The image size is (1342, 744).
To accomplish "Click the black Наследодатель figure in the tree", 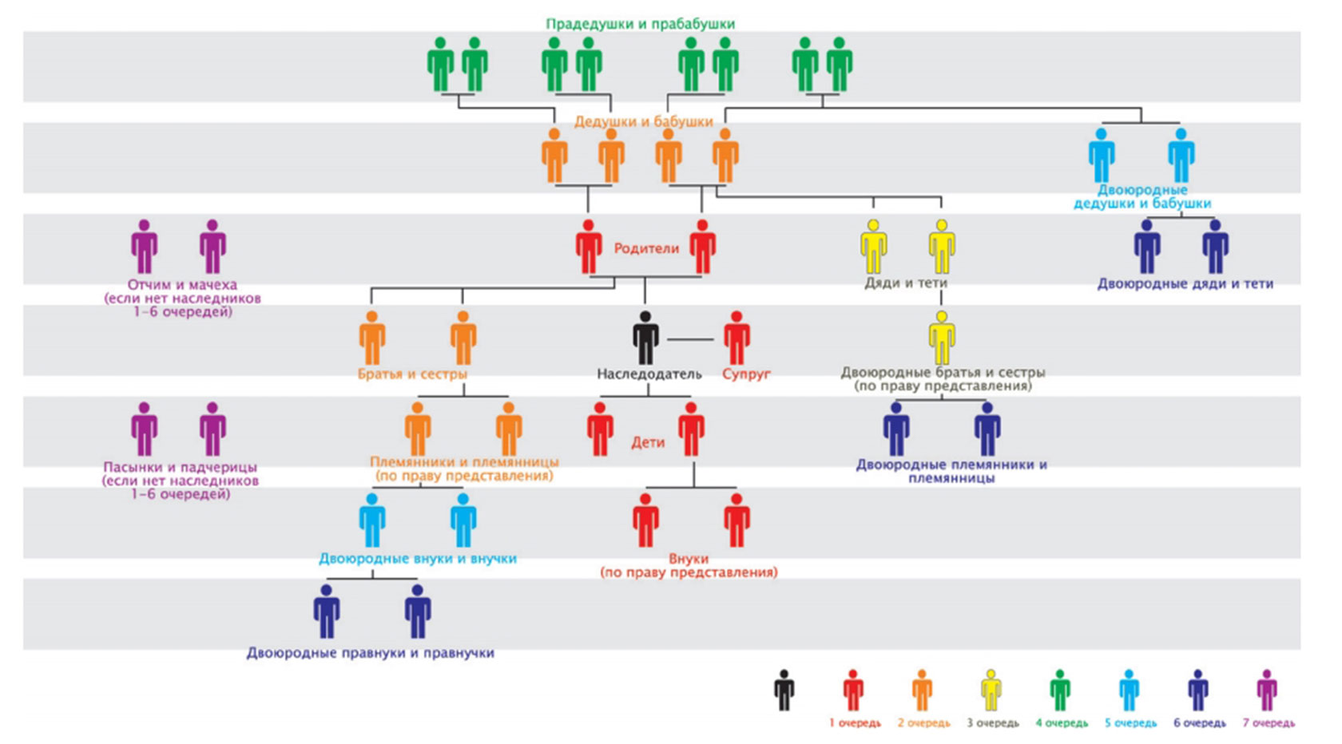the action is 645,338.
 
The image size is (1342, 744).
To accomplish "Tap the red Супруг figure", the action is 737,338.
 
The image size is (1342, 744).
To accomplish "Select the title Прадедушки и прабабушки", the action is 640,24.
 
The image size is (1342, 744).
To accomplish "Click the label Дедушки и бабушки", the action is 643,121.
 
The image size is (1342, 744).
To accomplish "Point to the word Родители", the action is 646,248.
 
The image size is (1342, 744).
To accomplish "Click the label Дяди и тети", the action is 906,283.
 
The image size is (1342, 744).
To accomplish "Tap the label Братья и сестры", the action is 412,374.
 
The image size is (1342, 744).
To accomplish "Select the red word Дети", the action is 648,442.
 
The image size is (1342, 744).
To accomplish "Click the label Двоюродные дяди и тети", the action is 1185,283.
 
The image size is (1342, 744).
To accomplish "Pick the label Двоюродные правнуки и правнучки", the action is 370,653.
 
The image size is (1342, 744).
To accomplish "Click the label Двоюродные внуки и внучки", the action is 418,559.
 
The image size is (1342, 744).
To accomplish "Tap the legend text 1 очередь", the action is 855,723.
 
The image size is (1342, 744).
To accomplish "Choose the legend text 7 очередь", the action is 1269,723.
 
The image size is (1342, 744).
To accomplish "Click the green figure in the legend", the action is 1060,690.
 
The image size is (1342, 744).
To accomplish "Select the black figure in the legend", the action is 784,690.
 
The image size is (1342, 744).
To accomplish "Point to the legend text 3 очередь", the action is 993,723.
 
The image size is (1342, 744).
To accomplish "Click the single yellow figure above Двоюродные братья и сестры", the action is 942,338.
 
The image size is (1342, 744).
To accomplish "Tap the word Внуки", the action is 689,559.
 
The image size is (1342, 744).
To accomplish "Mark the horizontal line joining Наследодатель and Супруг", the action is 690,339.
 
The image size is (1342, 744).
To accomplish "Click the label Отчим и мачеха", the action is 182,285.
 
